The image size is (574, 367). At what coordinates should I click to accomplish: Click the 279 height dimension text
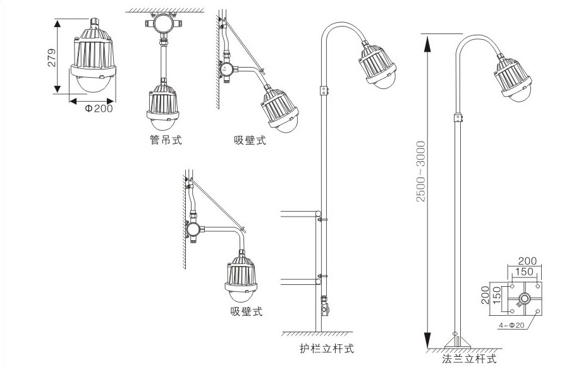click(x=53, y=57)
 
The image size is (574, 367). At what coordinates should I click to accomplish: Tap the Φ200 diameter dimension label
click(x=97, y=108)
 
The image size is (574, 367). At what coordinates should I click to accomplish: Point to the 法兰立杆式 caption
click(x=469, y=359)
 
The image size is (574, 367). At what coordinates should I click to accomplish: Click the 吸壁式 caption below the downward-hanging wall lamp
click(x=246, y=311)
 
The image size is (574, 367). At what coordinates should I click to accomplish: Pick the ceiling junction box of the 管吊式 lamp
click(x=163, y=26)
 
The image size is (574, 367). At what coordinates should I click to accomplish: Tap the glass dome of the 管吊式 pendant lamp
click(x=163, y=123)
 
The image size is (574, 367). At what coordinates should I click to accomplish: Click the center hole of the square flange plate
click(x=523, y=298)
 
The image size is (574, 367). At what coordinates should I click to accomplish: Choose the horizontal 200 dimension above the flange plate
click(x=527, y=261)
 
